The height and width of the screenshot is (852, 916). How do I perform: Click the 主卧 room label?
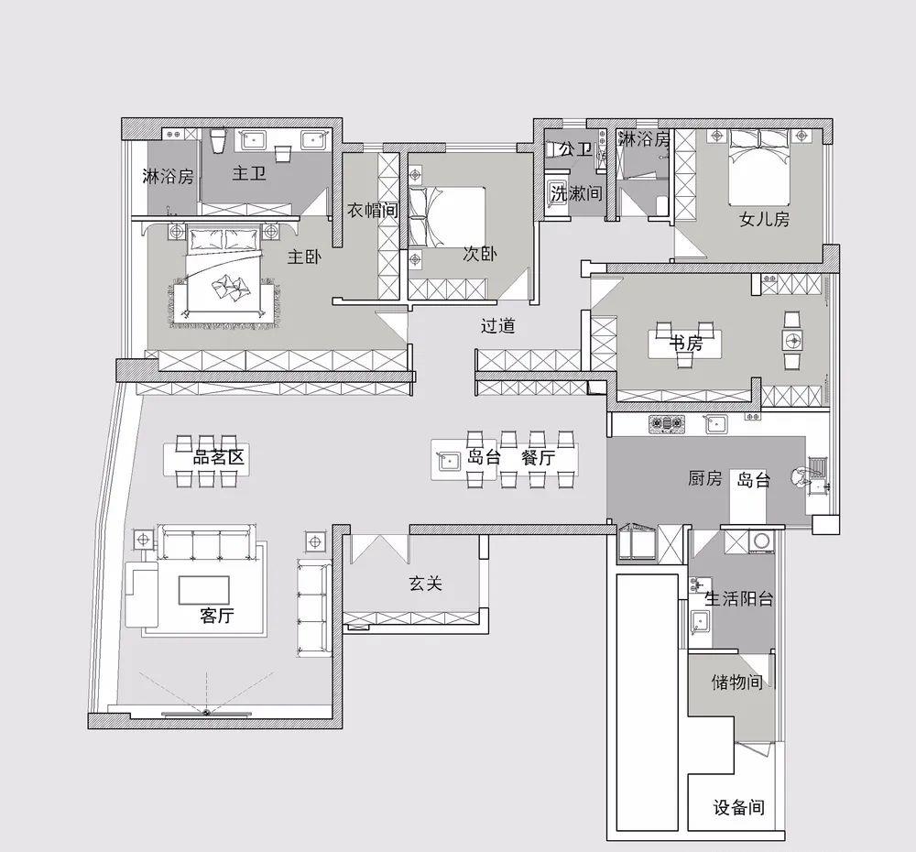click(304, 257)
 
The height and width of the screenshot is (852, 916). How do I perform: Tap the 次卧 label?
click(480, 253)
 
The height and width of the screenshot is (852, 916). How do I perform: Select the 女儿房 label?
click(765, 219)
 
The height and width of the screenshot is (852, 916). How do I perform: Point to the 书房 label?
click(686, 343)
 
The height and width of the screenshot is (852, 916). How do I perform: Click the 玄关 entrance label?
click(425, 583)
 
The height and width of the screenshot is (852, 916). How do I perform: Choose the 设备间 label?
click(739, 807)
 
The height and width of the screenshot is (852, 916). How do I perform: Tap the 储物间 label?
click(737, 682)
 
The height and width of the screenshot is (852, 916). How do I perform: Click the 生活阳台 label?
click(739, 598)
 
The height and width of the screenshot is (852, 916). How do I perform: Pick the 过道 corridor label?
click(497, 325)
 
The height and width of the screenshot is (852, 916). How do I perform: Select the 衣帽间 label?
click(373, 210)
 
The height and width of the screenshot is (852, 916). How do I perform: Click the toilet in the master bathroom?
click(217, 141)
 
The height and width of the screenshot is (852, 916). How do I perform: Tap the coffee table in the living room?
click(204, 590)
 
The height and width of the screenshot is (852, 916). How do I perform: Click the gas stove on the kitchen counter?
click(666, 423)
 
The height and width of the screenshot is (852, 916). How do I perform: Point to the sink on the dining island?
click(449, 461)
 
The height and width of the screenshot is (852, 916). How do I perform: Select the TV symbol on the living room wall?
click(205, 713)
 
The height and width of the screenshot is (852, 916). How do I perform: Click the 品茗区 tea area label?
click(219, 456)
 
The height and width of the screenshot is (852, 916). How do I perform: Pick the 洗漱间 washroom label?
click(576, 192)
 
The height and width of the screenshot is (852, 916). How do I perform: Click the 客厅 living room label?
click(217, 615)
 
